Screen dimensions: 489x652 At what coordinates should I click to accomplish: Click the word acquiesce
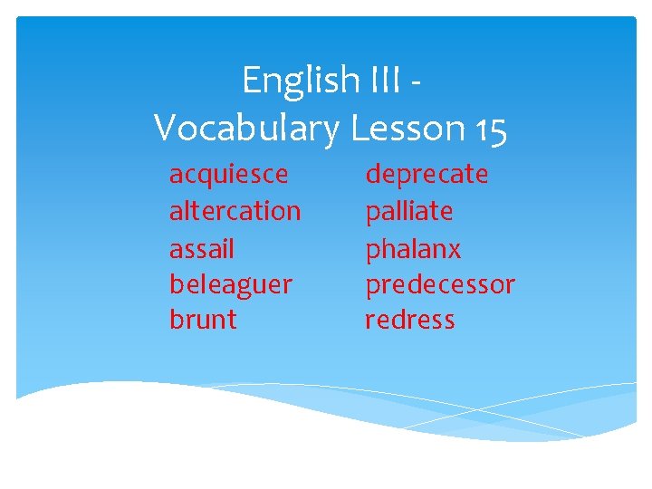[x=228, y=174]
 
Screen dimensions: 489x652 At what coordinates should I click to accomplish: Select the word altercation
[x=235, y=211]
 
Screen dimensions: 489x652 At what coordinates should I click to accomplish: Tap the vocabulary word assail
[x=201, y=247]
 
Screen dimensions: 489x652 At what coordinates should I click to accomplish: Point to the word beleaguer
[x=230, y=284]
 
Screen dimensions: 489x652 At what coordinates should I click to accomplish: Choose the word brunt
[x=203, y=320]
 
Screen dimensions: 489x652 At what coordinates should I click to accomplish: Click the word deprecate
[x=427, y=174]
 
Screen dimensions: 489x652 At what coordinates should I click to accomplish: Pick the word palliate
[x=408, y=211]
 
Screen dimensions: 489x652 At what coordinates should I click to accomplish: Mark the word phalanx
[x=413, y=248]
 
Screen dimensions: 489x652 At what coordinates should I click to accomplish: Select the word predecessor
[x=439, y=284]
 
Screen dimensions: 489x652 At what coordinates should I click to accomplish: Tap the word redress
[x=409, y=320]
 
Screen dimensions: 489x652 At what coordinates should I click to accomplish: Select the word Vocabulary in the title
[x=245, y=129]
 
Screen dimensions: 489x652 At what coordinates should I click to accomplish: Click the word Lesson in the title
[x=407, y=128]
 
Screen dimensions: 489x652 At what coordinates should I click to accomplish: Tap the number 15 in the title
[x=490, y=129]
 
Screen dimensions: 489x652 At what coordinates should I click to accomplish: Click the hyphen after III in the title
[x=415, y=87]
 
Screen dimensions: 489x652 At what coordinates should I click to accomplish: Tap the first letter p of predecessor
[x=372, y=287]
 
